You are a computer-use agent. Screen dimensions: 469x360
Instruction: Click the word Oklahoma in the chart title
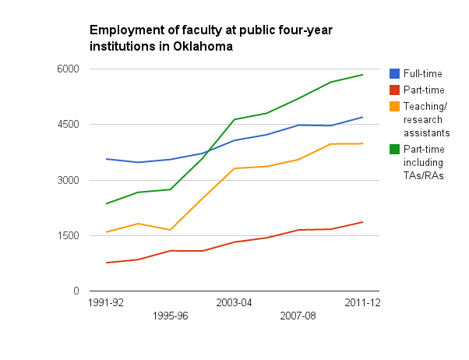(x=203, y=47)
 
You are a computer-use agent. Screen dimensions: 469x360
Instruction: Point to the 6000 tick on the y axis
(x=68, y=69)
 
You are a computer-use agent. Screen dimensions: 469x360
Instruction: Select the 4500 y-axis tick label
(x=68, y=124)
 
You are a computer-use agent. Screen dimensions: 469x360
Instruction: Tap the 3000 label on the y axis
(x=68, y=180)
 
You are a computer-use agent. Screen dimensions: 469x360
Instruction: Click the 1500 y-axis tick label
(x=69, y=235)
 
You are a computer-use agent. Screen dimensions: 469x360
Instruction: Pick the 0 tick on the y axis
(x=76, y=291)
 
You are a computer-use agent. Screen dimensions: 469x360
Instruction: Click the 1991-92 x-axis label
(x=106, y=303)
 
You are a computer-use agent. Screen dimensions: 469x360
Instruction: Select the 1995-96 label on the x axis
(x=170, y=316)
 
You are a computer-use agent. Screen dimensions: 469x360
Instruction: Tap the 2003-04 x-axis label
(x=234, y=303)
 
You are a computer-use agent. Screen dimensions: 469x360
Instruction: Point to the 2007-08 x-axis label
(x=298, y=316)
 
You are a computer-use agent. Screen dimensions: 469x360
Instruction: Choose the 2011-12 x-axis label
(x=362, y=303)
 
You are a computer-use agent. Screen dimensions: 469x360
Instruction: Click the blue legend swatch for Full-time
(x=394, y=73)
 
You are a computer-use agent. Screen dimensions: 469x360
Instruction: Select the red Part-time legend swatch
(x=394, y=90)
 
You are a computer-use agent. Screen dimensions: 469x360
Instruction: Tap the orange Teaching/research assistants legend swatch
(x=394, y=106)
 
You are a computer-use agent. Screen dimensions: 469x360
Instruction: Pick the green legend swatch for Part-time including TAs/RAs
(x=394, y=150)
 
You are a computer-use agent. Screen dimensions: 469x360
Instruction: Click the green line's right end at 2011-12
(x=362, y=75)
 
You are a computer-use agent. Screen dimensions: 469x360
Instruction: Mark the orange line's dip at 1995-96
(x=170, y=230)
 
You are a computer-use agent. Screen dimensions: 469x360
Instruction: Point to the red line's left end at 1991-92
(x=107, y=263)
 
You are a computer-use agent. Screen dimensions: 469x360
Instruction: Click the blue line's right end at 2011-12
(x=362, y=117)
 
